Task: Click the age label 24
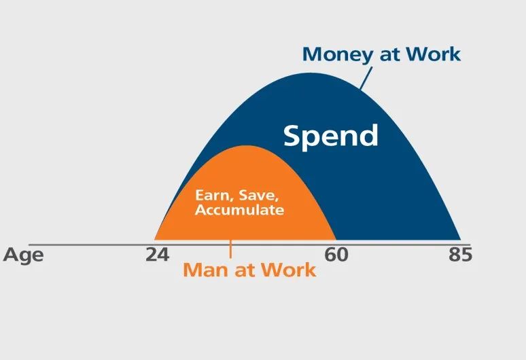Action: point(158,255)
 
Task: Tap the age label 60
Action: point(336,255)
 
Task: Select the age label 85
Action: point(460,255)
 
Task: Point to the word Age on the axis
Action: point(23,255)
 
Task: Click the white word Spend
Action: point(331,135)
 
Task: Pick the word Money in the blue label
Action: point(338,55)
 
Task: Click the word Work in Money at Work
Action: point(433,54)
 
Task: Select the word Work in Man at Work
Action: point(289,270)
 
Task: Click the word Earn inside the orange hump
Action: point(211,195)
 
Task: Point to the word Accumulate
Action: point(239,210)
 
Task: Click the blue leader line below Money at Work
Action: point(366,78)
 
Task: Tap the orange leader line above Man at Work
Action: point(230,249)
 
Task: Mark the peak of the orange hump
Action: point(247,145)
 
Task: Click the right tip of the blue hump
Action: point(461,239)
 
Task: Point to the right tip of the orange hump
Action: point(336,239)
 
